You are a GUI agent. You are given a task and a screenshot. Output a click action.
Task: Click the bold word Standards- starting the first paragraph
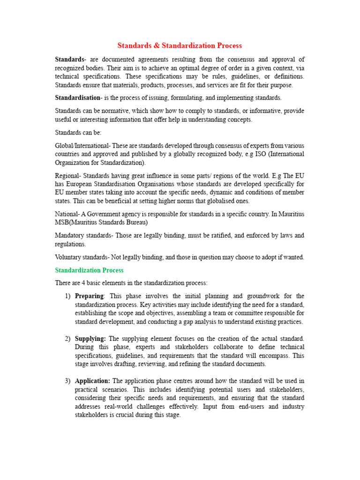click(70, 60)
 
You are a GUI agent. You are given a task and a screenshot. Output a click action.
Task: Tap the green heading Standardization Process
click(89, 270)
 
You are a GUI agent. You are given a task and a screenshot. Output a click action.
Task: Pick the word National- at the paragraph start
click(68, 214)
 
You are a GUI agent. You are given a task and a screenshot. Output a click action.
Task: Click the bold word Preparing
click(90, 296)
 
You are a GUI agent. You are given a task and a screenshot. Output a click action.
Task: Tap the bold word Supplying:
click(90, 338)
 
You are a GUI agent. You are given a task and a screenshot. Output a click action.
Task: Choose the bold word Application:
click(92, 381)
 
